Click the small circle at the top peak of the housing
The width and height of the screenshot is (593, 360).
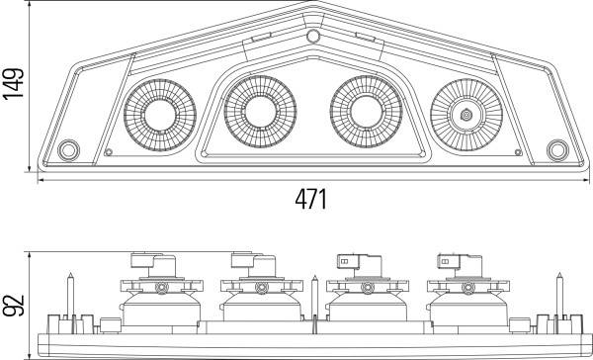pyautogui.click(x=314, y=37)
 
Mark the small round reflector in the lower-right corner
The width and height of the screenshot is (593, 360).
pyautogui.click(x=557, y=150)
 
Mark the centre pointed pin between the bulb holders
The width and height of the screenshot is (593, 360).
pyautogui.click(x=314, y=297)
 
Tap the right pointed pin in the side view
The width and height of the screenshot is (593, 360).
pyautogui.click(x=559, y=297)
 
